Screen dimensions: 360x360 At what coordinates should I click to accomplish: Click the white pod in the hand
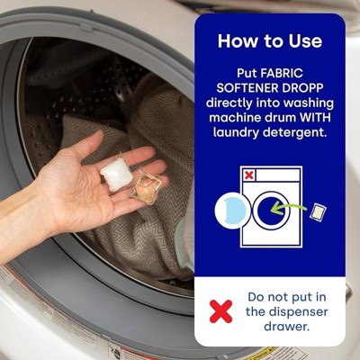(x=116, y=175)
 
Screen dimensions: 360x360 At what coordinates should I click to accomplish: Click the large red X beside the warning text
(x=220, y=311)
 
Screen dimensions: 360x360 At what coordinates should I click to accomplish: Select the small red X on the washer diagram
(x=248, y=175)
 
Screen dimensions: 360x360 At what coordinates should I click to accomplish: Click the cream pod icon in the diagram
(x=318, y=212)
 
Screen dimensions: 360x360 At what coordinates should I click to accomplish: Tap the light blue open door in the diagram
(x=231, y=211)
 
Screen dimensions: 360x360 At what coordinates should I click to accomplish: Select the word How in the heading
(x=235, y=40)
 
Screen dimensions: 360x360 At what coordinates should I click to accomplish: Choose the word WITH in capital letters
(x=315, y=117)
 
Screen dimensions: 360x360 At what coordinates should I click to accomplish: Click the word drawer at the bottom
(x=286, y=327)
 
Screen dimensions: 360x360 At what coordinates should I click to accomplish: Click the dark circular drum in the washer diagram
(x=272, y=210)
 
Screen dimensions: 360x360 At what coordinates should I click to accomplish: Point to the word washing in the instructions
(x=309, y=103)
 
